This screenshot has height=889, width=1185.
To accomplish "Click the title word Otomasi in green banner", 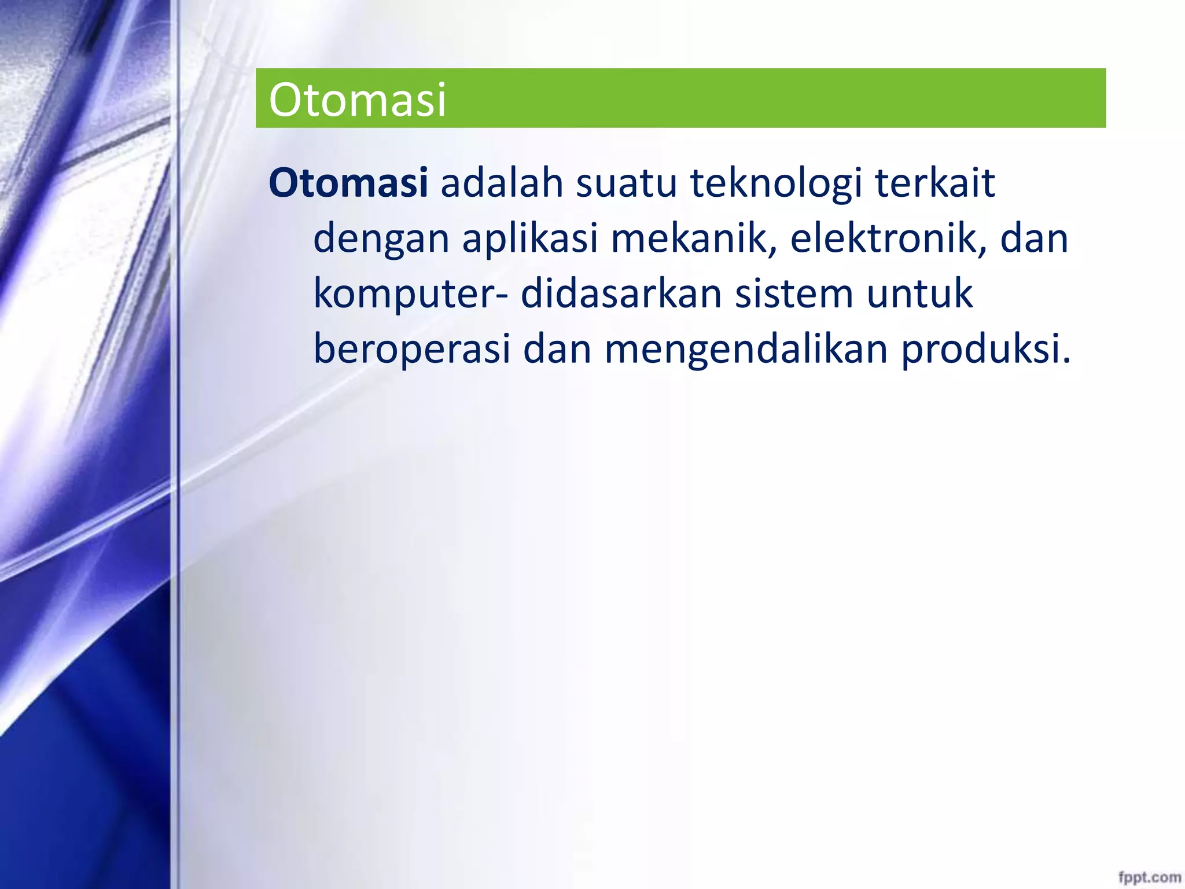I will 357,100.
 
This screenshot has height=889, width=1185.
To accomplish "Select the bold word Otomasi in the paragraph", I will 348,183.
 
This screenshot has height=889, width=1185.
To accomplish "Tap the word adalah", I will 502,183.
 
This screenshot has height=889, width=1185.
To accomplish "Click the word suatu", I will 626,183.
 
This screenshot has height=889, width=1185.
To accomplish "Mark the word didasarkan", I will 621,293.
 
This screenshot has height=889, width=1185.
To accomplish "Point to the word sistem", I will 794,293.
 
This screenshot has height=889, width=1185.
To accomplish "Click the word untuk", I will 919,293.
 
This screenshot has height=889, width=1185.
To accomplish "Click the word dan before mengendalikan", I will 557,349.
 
